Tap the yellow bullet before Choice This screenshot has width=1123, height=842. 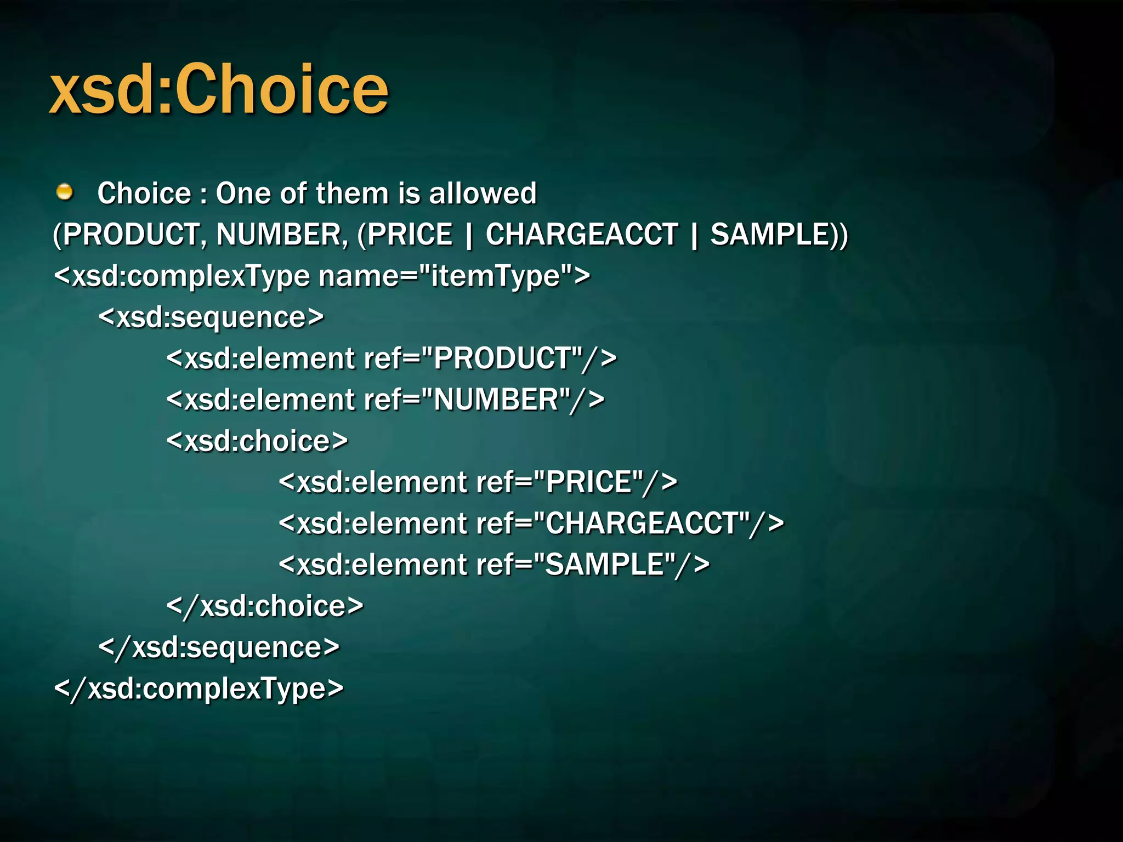pyautogui.click(x=65, y=192)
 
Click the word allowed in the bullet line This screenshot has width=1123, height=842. pyautogui.click(x=483, y=193)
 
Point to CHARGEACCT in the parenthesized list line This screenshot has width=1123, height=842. pyautogui.click(x=582, y=235)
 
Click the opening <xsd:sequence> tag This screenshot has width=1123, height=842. pyautogui.click(x=211, y=317)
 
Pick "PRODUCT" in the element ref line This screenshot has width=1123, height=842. pyautogui.click(x=508, y=359)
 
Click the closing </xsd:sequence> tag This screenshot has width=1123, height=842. pyautogui.click(x=219, y=647)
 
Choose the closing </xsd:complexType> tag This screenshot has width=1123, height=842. pyautogui.click(x=198, y=689)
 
